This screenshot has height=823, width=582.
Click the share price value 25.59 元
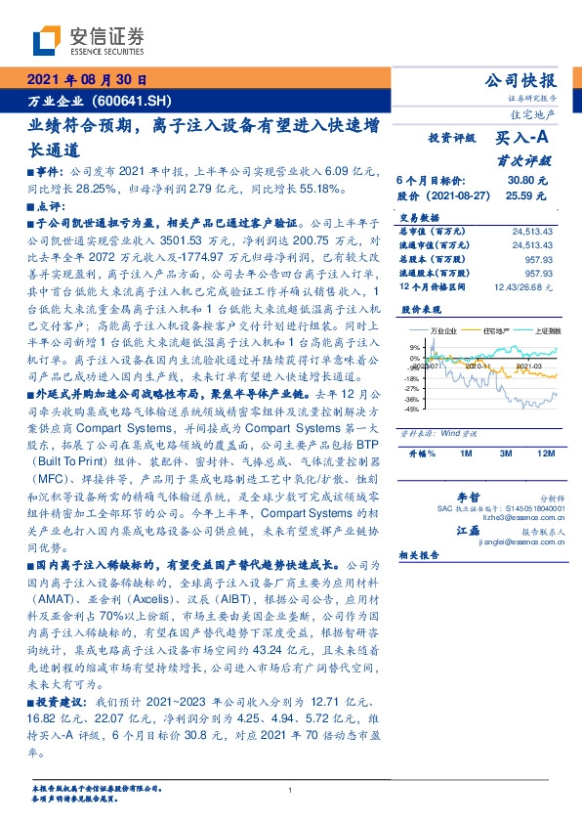(531, 195)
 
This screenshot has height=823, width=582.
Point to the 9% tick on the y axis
(414, 347)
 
